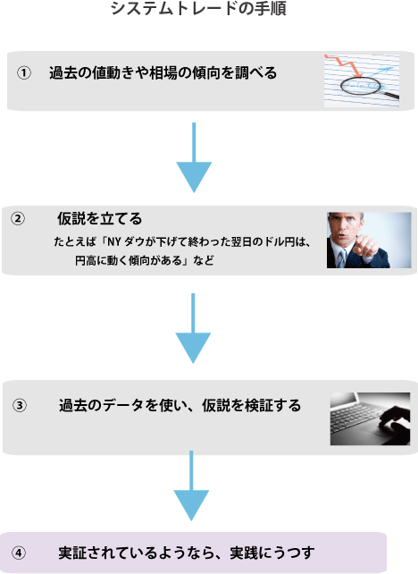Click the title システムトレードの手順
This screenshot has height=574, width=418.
198,8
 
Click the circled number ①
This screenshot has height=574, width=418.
24,72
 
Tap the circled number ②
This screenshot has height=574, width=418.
18,218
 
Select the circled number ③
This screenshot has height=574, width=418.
20,405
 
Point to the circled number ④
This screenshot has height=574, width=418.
18,553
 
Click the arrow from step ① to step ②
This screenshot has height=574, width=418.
194,157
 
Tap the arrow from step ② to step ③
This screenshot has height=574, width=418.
193,328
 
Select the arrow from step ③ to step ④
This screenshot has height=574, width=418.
191,485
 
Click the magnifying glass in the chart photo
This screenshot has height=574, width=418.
369,89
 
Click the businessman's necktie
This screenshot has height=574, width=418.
341,258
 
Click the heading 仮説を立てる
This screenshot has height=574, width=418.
99,218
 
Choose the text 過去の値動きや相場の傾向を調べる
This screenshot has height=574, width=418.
163,72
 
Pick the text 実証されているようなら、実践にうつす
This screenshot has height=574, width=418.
187,553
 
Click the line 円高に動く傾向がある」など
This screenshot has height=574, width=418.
145,261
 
